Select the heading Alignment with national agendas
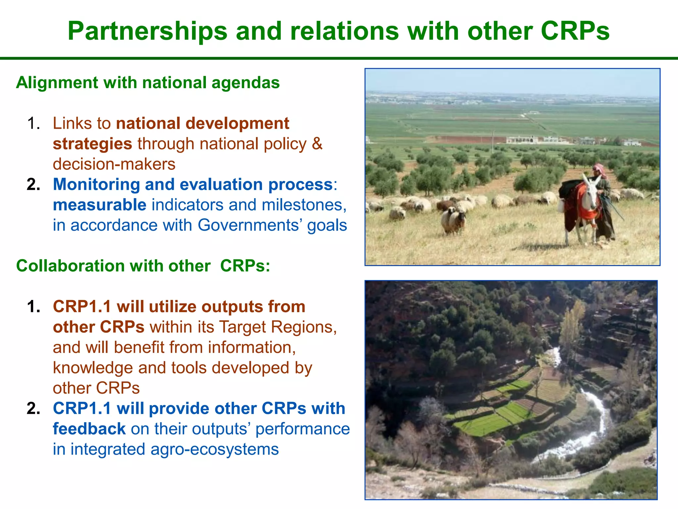pos(148,83)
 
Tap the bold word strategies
pos(92,144)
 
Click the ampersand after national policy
pos(317,144)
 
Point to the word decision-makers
pos(114,164)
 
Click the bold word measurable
pos(99,205)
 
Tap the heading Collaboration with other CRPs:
pos(143,266)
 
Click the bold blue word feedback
pos(89,429)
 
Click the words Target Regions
pos(278,327)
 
